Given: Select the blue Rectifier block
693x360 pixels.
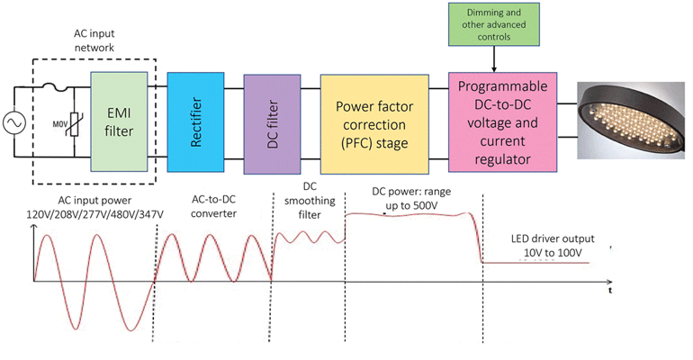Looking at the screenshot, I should click(194, 121).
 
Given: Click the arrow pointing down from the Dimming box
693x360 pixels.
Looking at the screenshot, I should click(493, 58).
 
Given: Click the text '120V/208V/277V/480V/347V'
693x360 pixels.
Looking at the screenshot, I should click(91, 213).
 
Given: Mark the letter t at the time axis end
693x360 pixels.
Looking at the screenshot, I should click(609, 291).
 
